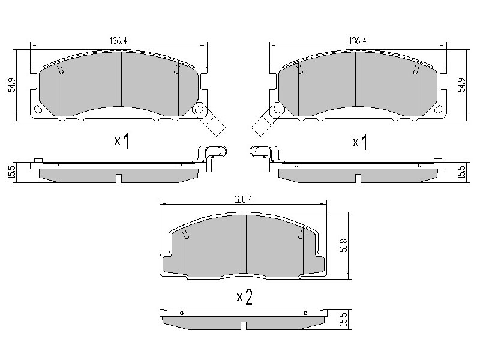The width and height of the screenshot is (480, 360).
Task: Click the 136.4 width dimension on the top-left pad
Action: point(118,41)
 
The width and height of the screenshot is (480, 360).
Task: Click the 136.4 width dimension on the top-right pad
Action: point(358,41)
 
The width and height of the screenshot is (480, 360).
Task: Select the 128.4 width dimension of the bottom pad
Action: point(243,200)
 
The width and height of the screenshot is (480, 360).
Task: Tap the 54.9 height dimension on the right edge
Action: point(461,85)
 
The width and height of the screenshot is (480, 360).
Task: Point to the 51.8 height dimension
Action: point(344,245)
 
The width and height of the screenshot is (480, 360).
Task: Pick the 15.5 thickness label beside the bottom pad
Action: point(344,319)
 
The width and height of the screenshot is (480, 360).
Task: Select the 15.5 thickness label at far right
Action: point(463,173)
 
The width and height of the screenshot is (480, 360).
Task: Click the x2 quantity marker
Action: point(245,296)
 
